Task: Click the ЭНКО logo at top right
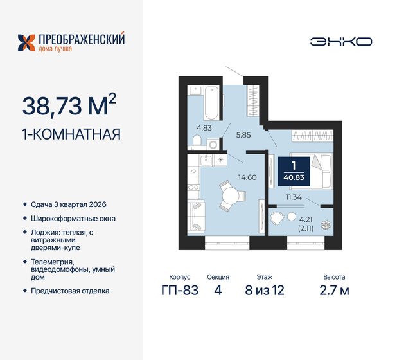[x=340, y=41]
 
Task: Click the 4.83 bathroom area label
[x=204, y=127]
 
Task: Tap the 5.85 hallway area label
[x=243, y=134]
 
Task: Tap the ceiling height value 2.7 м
[x=334, y=290]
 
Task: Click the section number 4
[x=218, y=290]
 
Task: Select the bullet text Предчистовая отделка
[x=71, y=291]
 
